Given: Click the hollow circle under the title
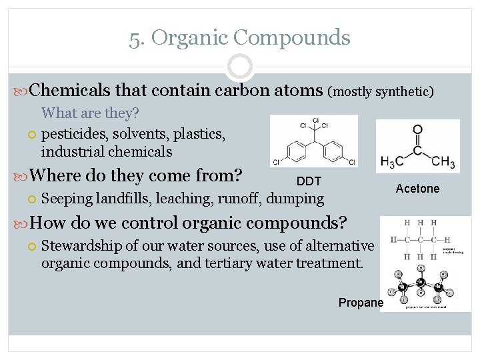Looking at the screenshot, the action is pos(239,67).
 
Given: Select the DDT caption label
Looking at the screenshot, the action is pos(309,181).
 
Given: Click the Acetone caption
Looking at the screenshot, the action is pos(417,189).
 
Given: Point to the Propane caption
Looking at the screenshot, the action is pos(361,303).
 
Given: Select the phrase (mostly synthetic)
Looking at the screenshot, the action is pos(381,91).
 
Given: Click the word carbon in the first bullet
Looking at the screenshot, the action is pos(237,89).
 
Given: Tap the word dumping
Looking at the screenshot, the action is pos(296,198).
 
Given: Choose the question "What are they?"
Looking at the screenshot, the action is pos(89,113).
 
